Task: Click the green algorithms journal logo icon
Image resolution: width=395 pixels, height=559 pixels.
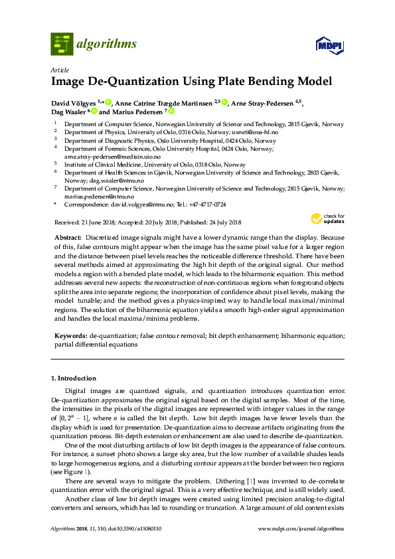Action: pos(62,44)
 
